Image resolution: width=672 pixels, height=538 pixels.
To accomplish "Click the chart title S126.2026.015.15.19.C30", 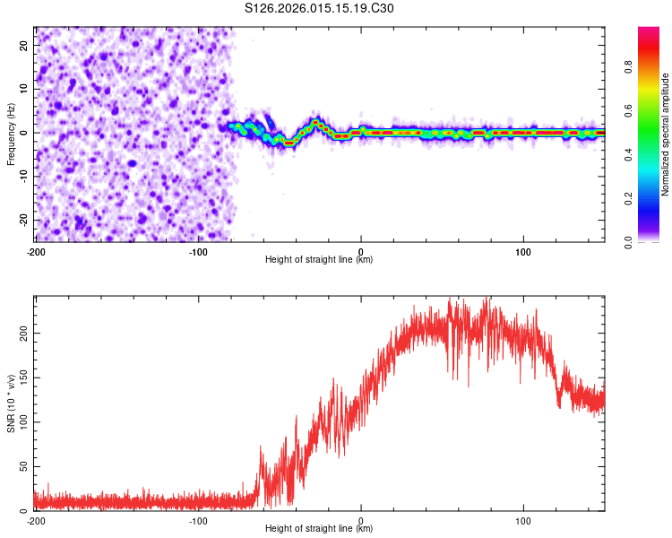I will (319, 9).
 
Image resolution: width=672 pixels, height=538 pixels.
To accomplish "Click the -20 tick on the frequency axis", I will (22, 220).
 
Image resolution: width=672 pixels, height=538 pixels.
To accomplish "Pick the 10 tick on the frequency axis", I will (24, 88).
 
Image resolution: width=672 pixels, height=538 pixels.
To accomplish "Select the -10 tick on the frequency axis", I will (22, 176).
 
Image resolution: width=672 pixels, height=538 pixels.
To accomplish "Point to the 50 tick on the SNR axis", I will (24, 466).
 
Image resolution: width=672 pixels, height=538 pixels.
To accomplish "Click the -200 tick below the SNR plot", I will (36, 521).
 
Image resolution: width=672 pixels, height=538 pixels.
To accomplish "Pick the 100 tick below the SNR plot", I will (523, 521).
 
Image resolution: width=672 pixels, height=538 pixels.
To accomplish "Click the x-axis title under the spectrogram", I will (319, 260).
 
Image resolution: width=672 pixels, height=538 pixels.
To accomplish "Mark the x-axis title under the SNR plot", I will (319, 530).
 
